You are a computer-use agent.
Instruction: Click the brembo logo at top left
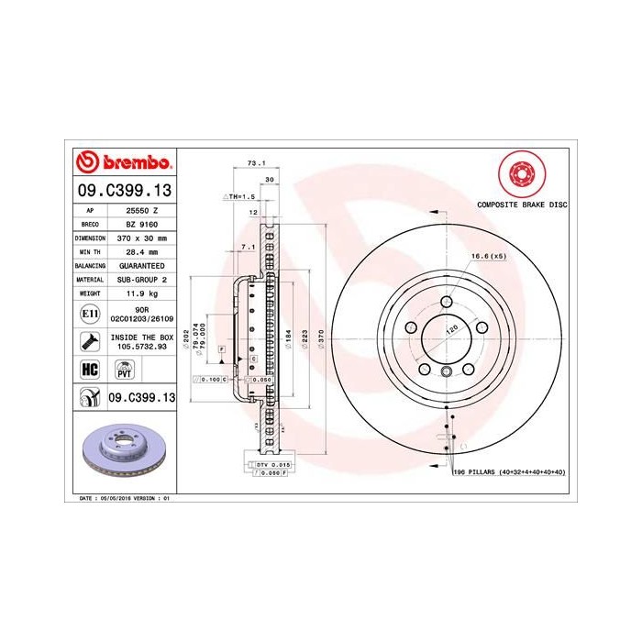point(123,163)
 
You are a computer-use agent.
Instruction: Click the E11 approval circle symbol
point(90,314)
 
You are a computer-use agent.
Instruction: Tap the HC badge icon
point(90,369)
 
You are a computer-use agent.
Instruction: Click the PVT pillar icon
point(122,369)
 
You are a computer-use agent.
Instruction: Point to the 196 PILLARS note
point(510,471)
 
